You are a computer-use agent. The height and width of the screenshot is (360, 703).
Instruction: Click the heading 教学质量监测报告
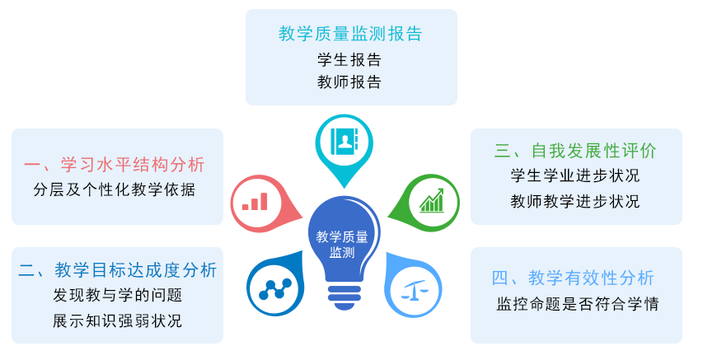coord(350,34)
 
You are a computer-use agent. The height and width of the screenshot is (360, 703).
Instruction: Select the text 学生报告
coord(349,59)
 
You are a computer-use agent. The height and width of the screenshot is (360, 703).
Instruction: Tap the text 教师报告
coord(349,82)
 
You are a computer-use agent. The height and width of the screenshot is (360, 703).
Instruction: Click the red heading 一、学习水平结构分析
coord(115,165)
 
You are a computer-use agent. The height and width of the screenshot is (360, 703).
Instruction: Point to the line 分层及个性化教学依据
coord(115,189)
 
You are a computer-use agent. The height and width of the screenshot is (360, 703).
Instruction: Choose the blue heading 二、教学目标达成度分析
coord(118,270)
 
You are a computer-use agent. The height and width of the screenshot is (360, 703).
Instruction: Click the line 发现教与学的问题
coord(118,295)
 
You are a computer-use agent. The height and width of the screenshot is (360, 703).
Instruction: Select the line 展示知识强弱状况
coord(118,320)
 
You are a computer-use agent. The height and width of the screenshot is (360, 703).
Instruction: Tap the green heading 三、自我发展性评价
coord(576,151)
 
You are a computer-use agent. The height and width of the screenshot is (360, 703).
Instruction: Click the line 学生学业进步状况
coord(575,175)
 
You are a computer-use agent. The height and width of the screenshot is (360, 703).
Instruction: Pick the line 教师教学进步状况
coord(575,201)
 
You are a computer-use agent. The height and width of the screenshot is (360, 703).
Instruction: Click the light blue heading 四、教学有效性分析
coord(573,278)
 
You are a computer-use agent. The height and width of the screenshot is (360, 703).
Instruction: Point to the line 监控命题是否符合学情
coord(578,304)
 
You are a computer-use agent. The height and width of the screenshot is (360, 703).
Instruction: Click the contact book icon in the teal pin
coord(344,141)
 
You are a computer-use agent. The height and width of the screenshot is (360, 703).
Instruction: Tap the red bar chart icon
coord(255,202)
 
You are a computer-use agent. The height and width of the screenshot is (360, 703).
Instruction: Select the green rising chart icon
coord(431,200)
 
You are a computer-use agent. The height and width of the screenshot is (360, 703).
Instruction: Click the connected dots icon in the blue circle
coord(275,289)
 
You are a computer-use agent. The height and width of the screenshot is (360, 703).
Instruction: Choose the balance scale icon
coord(414,291)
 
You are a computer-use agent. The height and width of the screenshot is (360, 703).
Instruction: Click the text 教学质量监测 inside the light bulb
coord(342,245)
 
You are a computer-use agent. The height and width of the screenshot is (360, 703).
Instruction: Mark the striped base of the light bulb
coord(344,297)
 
